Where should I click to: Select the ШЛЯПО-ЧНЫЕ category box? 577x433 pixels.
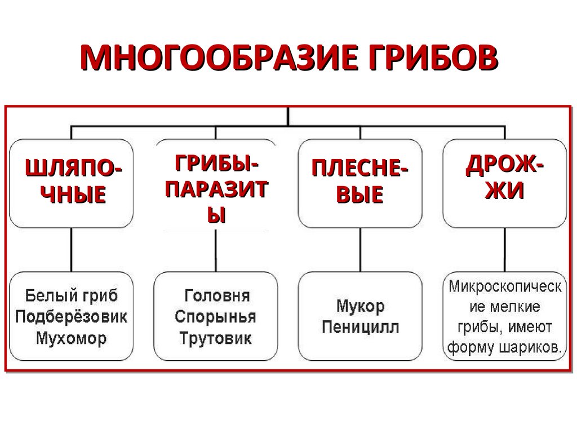[x=71, y=183]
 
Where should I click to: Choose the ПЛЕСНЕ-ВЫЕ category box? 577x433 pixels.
[x=361, y=183]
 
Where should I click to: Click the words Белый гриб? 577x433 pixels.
[x=71, y=295]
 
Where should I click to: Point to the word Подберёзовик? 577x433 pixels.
[x=71, y=317]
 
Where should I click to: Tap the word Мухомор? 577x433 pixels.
[x=71, y=339]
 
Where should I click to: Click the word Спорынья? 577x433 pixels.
[x=216, y=317]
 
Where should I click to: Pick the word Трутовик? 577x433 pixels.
[x=216, y=339]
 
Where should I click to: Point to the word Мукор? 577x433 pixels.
[x=360, y=307]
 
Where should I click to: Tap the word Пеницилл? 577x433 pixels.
[x=360, y=328]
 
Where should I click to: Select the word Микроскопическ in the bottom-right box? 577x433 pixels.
[x=505, y=286]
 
